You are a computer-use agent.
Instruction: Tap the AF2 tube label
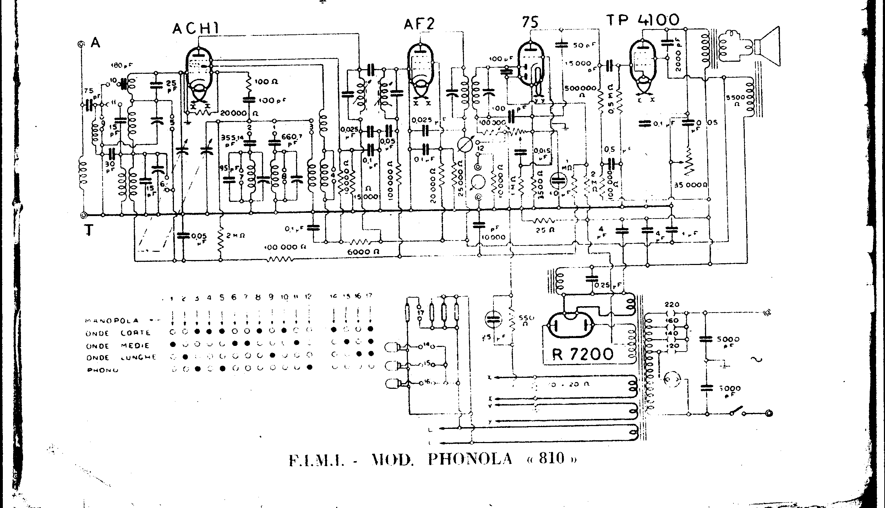click(x=419, y=24)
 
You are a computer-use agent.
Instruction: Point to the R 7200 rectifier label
click(x=583, y=353)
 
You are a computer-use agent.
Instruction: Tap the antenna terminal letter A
click(x=95, y=43)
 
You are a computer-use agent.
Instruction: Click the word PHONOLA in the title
click(x=470, y=459)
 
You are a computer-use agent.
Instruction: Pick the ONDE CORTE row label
click(x=118, y=333)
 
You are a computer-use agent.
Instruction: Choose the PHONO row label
click(x=103, y=370)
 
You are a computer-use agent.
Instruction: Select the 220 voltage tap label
click(x=672, y=304)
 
